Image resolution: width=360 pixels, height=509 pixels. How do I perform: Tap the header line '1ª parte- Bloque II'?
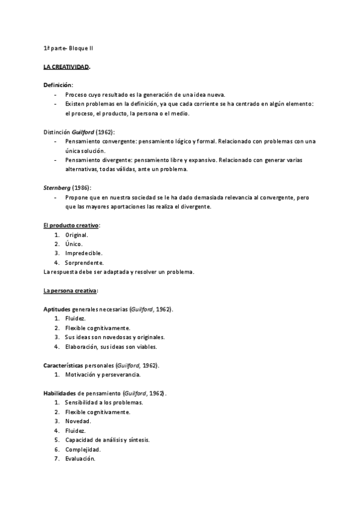click(x=68, y=47)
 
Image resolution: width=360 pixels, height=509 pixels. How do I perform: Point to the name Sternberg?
click(x=57, y=188)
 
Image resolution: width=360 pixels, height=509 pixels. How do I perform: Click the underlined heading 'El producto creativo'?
click(x=71, y=225)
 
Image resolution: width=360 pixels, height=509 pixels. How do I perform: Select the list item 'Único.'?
click(x=74, y=244)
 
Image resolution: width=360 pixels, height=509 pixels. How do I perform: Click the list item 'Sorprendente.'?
click(x=84, y=263)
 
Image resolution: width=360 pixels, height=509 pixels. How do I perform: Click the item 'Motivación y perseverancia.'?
click(x=103, y=375)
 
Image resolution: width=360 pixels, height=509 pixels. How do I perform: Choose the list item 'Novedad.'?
click(x=78, y=421)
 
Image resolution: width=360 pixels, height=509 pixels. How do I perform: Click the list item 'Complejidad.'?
click(x=83, y=449)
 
